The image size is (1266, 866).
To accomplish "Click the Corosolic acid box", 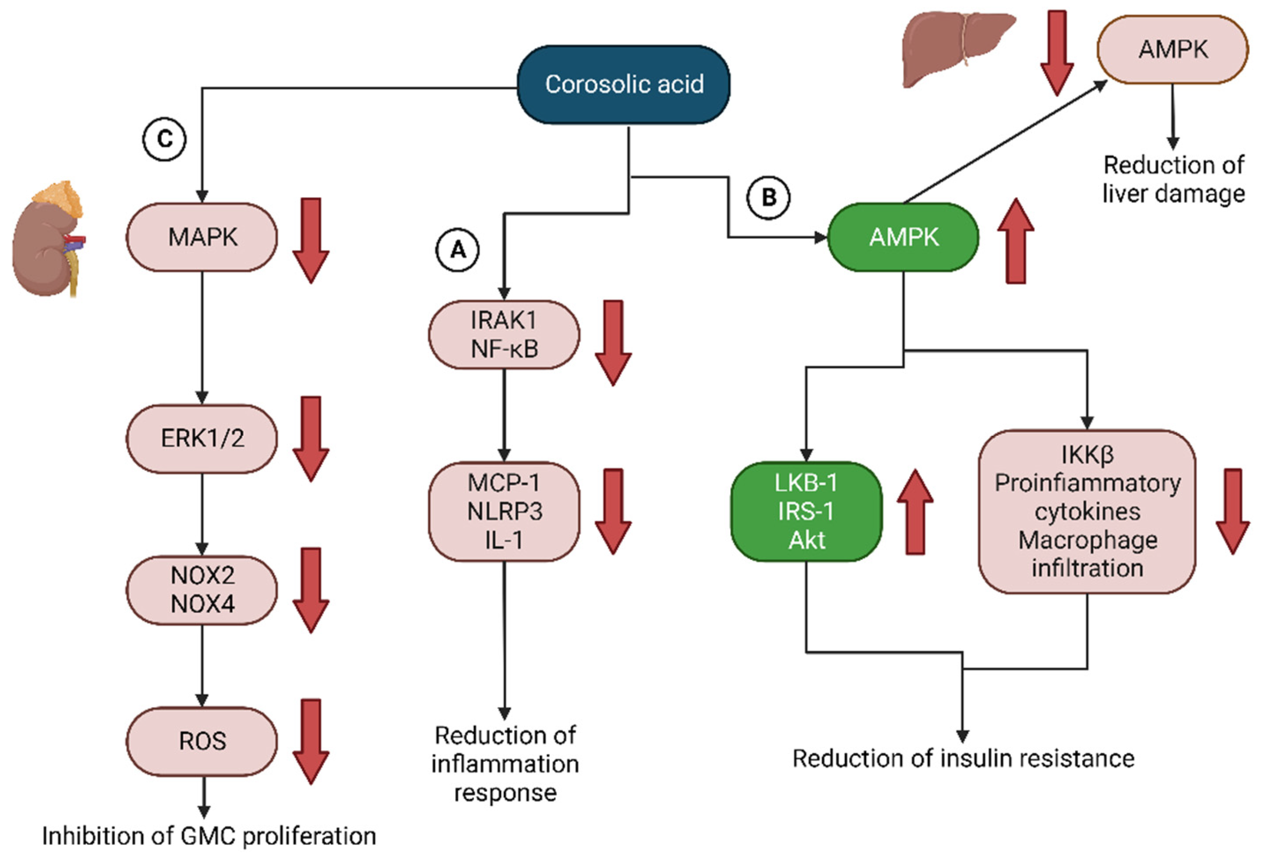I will coord(623,84).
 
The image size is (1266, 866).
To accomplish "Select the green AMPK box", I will coord(903,237).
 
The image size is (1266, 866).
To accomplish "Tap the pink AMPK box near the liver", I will coord(1172,50).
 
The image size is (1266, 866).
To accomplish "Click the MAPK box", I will coord(202,237).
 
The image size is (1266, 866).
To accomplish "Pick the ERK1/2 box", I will coord(202,438).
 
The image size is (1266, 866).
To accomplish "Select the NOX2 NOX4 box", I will coord(202,590).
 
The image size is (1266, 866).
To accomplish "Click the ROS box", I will coord(202,741).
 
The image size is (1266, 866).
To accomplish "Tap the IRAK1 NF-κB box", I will coord(504,335).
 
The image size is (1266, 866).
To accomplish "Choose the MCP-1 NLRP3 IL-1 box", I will coord(504,511).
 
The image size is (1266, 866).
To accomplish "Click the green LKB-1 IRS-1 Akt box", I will coord(806,511).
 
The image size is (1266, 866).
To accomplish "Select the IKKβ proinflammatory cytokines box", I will coord(1087,511).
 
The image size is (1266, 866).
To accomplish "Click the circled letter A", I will coord(458,250).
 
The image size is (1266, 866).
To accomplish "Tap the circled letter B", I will coord(768,197).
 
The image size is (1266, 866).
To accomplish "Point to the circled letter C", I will coord(164,140).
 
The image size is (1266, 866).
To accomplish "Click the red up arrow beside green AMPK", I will coord(1015,241).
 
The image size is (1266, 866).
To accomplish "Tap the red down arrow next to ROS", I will coord(311,741).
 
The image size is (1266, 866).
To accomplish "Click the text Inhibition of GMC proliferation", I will coord(209,836).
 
